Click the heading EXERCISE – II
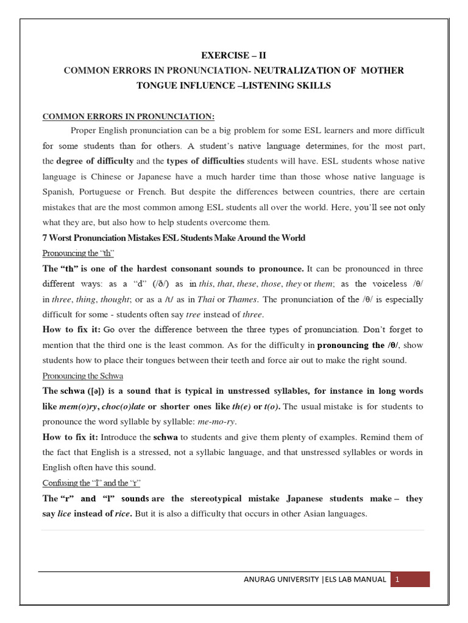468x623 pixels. tap(234, 55)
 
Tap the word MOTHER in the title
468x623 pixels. tap(381, 71)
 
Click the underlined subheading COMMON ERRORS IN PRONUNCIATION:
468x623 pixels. tap(128, 117)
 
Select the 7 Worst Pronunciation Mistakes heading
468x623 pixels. tap(174, 238)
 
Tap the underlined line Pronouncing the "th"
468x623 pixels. tap(79, 253)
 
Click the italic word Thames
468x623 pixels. tap(243, 299)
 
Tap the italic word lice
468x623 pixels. tap(64, 513)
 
